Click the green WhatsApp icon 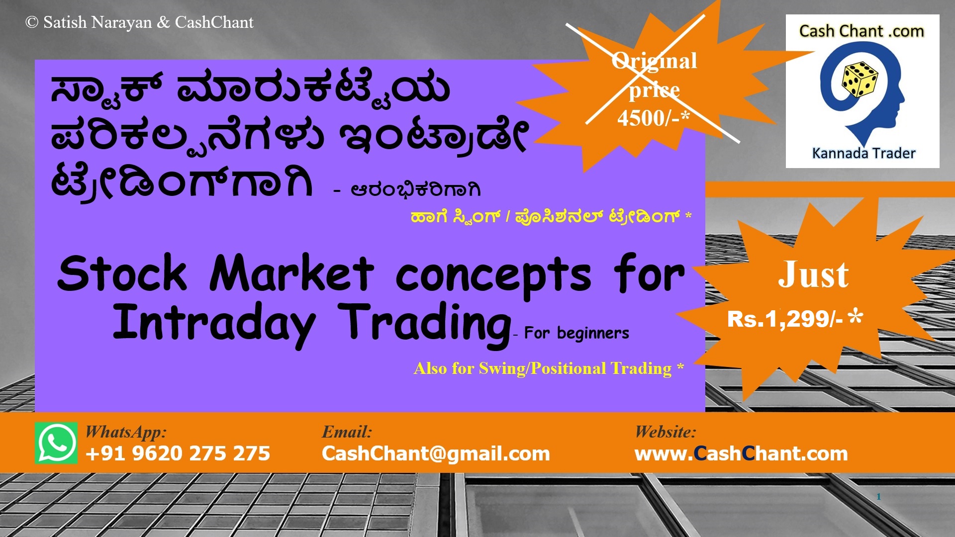[56, 443]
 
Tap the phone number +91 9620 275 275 [178, 453]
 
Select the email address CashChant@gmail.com [436, 453]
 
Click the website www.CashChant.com [741, 453]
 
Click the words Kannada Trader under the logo [863, 153]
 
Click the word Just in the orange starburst [813, 275]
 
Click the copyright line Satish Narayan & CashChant [140, 22]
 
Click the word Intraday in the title [214, 323]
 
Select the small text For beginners [576, 333]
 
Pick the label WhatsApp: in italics [126, 432]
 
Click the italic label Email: [347, 432]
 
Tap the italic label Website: [665, 432]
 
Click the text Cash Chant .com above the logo [861, 31]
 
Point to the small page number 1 [879, 497]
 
